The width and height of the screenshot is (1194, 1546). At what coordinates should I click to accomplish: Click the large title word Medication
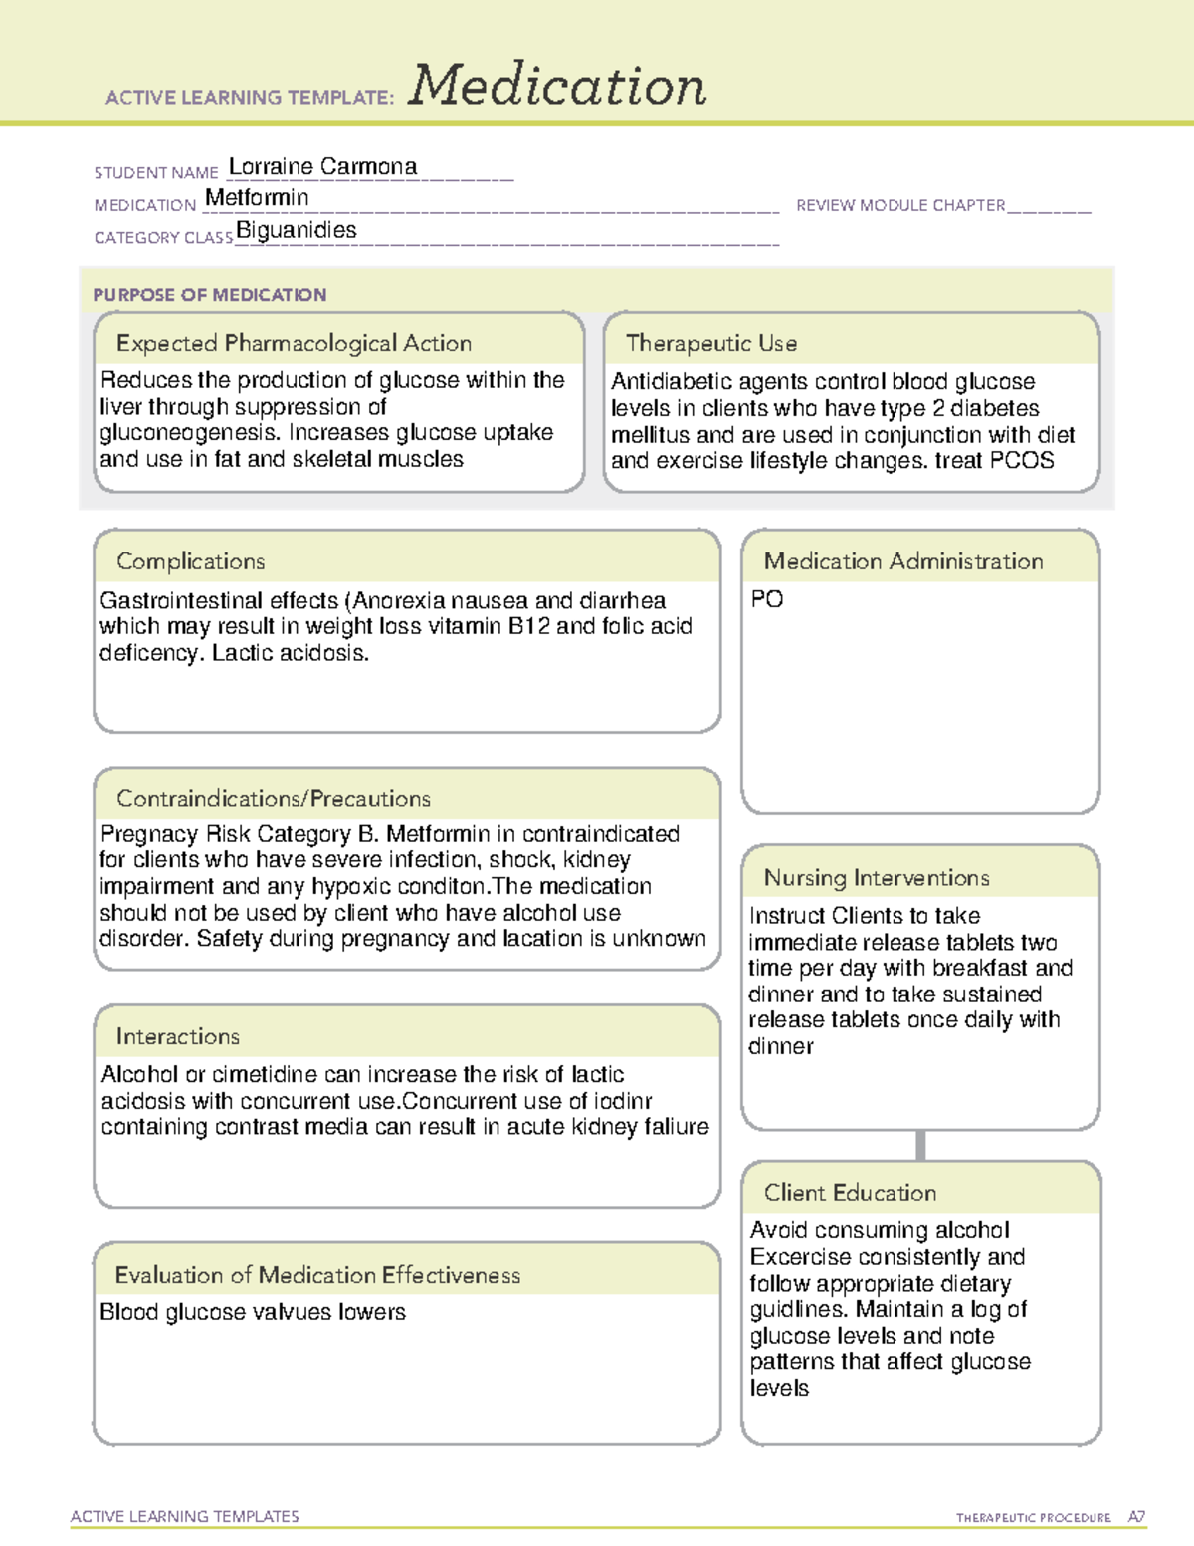point(557,86)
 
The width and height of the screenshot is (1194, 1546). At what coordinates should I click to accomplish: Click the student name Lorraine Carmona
point(322,166)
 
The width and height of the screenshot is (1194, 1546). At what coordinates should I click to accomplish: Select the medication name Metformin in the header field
point(257,198)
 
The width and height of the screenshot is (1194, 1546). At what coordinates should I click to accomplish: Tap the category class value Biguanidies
point(296,230)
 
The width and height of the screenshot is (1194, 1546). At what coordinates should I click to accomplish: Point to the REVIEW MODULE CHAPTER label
point(900,205)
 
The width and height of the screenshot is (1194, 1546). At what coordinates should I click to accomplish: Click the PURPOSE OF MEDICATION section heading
point(209,295)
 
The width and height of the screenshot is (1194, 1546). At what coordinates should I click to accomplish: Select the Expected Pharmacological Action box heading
point(294,343)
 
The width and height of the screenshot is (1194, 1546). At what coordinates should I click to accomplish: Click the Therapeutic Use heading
point(710,343)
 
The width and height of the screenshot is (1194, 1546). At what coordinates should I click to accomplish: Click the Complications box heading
point(190,561)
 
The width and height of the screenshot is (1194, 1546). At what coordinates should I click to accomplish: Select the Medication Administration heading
point(902,561)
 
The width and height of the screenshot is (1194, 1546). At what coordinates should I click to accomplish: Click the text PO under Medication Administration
point(767,599)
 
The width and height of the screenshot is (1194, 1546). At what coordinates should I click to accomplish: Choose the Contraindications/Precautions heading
point(273,798)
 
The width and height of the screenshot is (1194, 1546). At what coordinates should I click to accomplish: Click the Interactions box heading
point(177,1036)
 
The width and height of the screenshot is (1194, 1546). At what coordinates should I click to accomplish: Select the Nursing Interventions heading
point(876,877)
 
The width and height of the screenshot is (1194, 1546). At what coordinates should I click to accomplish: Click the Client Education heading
point(850,1192)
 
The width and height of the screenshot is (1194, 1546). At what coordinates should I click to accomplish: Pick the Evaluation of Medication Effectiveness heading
point(317,1275)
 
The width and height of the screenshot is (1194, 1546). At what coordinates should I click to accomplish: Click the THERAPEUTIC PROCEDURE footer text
point(1033,1518)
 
